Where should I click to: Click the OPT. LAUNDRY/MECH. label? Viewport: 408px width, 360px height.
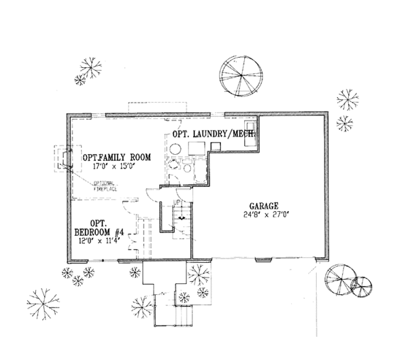pos(213,134)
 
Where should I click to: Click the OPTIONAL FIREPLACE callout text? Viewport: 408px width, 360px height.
pos(103,185)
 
